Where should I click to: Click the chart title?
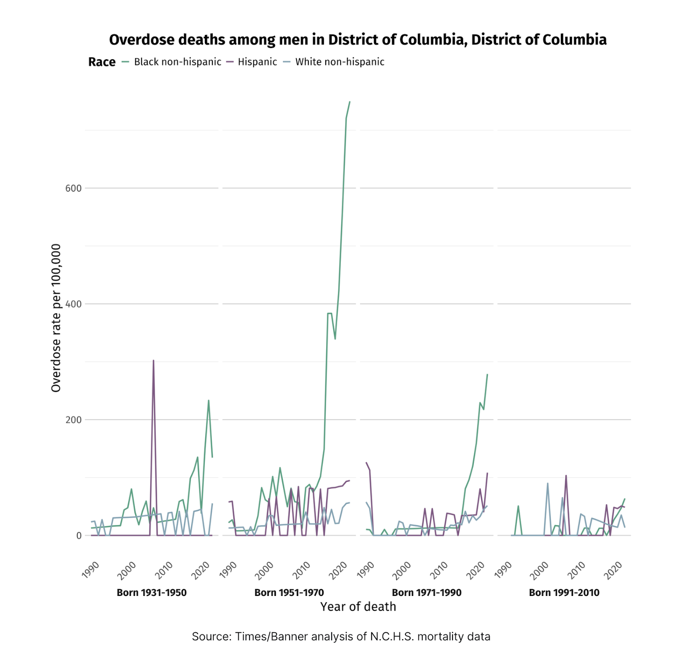point(357,40)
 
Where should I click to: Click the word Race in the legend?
point(102,62)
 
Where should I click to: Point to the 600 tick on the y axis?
point(73,188)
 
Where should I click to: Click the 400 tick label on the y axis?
point(73,304)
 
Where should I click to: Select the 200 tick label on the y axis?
point(73,420)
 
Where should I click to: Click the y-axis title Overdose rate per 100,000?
point(56,318)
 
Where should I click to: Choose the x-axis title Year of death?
point(358,607)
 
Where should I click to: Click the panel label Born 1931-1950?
point(152,592)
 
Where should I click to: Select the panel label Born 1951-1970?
point(289,592)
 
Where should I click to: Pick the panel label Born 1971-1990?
point(427,592)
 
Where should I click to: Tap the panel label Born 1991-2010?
point(564,592)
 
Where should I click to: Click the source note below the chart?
point(341,637)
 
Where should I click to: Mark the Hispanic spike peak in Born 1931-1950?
point(153,361)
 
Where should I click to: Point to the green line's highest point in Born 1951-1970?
point(350,102)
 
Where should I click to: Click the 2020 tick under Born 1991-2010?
point(614,570)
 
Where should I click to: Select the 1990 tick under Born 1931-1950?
point(91,570)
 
